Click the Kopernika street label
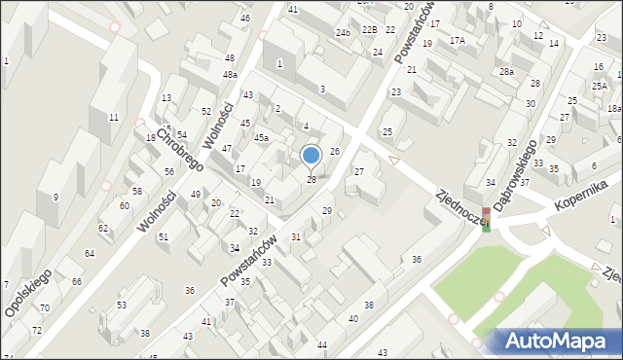tap(581, 195)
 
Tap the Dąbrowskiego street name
tap(517, 178)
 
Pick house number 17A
tap(458, 40)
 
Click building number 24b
tap(343, 32)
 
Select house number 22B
tap(369, 30)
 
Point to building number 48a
tap(230, 75)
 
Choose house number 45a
tap(262, 138)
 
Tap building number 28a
tap(506, 72)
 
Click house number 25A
tap(600, 87)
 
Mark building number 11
tap(114, 117)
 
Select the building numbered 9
tap(55, 198)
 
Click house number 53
tap(122, 306)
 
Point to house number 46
tap(244, 18)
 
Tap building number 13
tap(166, 97)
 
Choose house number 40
tap(352, 319)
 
